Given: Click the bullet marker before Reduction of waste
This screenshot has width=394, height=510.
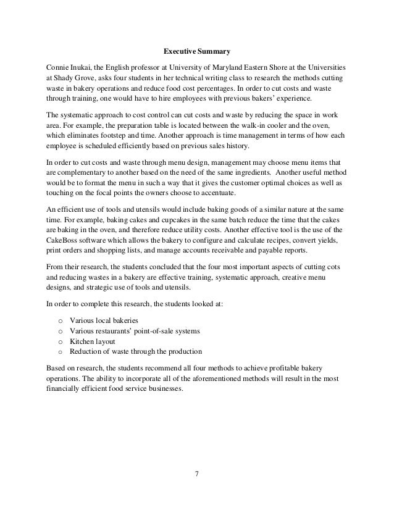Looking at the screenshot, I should [x=59, y=352].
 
